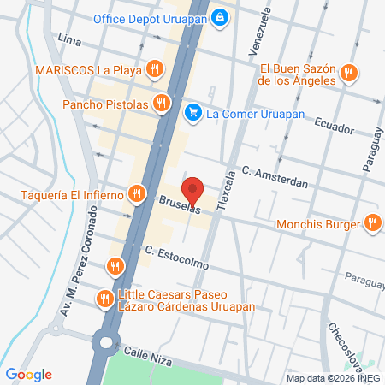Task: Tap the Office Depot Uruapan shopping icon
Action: pyautogui.click(x=221, y=16)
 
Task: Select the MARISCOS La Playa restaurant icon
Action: pyautogui.click(x=154, y=69)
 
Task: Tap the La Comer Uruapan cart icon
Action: pyautogui.click(x=193, y=111)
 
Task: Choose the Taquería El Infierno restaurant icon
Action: pyautogui.click(x=136, y=194)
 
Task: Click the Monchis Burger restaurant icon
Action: pyautogui.click(x=372, y=225)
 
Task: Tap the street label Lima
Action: pyautogui.click(x=68, y=38)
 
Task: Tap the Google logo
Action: pyautogui.click(x=28, y=375)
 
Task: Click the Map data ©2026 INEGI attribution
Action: pyautogui.click(x=334, y=378)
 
